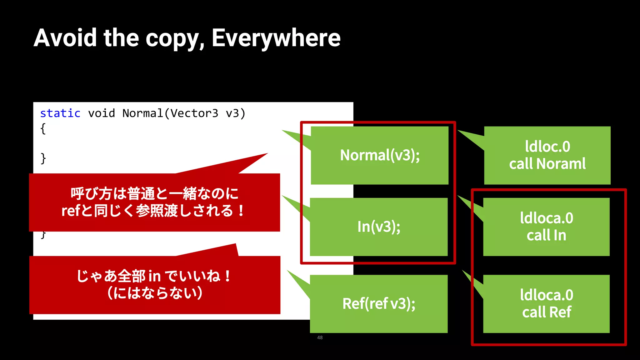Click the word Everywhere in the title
[x=276, y=38]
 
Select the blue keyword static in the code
[x=60, y=113]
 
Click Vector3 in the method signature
[x=194, y=113]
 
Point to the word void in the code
[x=102, y=113]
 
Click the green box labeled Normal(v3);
[x=380, y=155]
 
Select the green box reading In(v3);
[x=379, y=227]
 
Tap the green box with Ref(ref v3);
[x=379, y=304]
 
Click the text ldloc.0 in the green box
[x=547, y=147]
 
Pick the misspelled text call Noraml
[x=547, y=164]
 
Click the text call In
[x=546, y=235]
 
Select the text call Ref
[x=547, y=312]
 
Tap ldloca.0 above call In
[x=547, y=218]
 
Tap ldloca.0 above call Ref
[x=547, y=295]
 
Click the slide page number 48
[x=320, y=337]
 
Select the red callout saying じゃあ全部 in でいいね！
[x=154, y=276]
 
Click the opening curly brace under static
[x=43, y=128]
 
